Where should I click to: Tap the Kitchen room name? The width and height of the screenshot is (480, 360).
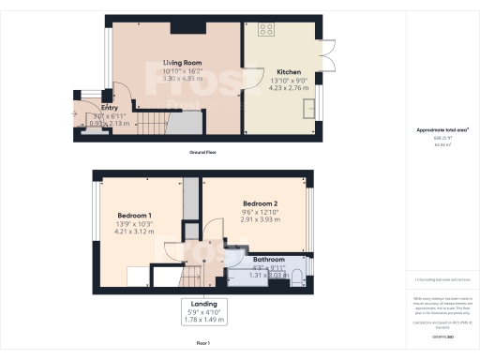coord(288,71)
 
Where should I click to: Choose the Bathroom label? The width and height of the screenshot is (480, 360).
coord(269,259)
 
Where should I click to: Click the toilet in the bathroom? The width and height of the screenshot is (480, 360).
coord(296,274)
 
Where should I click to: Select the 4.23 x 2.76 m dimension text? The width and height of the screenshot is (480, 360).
coord(288,88)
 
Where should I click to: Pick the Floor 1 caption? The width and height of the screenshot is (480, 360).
coord(203,344)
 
